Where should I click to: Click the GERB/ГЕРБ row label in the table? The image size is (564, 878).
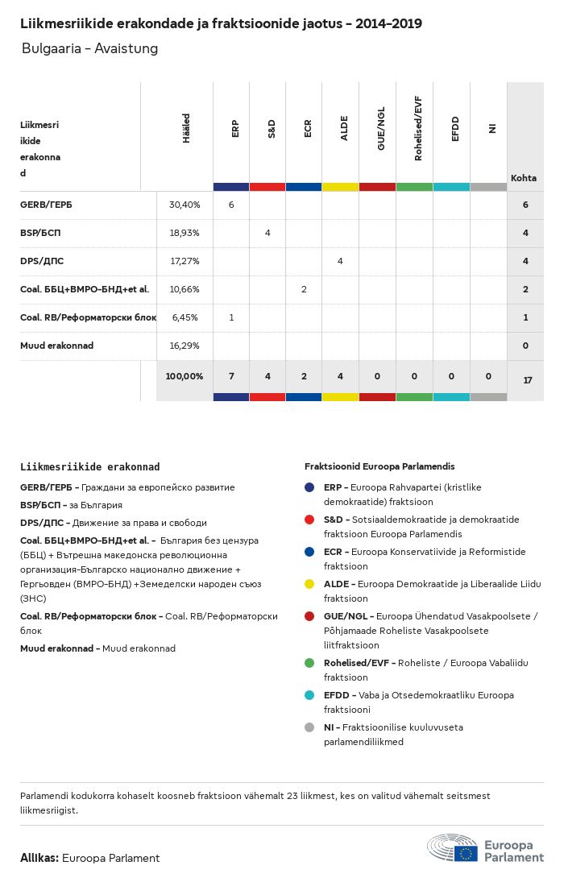point(46,205)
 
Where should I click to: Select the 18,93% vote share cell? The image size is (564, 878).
point(185,233)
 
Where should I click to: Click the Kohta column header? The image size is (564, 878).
point(524,178)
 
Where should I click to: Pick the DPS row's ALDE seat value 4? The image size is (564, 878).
point(340,261)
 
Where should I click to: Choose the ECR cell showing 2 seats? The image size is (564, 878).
point(304,289)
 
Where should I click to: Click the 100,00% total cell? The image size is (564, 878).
point(185,376)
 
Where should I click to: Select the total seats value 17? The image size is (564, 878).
point(528,380)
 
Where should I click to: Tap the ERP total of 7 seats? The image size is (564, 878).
point(231,376)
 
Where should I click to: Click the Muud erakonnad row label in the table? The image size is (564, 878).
point(56,346)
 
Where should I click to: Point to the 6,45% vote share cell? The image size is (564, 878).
point(185,317)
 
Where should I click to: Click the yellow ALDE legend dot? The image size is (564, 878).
point(309,584)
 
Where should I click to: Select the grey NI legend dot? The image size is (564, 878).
point(309,727)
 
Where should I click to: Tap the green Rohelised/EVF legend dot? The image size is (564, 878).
point(309,663)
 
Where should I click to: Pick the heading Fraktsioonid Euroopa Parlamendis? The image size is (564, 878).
point(379,466)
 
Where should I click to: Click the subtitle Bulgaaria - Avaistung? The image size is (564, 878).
point(89,49)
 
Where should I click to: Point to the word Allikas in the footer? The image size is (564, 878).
point(39,858)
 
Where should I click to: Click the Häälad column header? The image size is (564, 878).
point(186,129)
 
